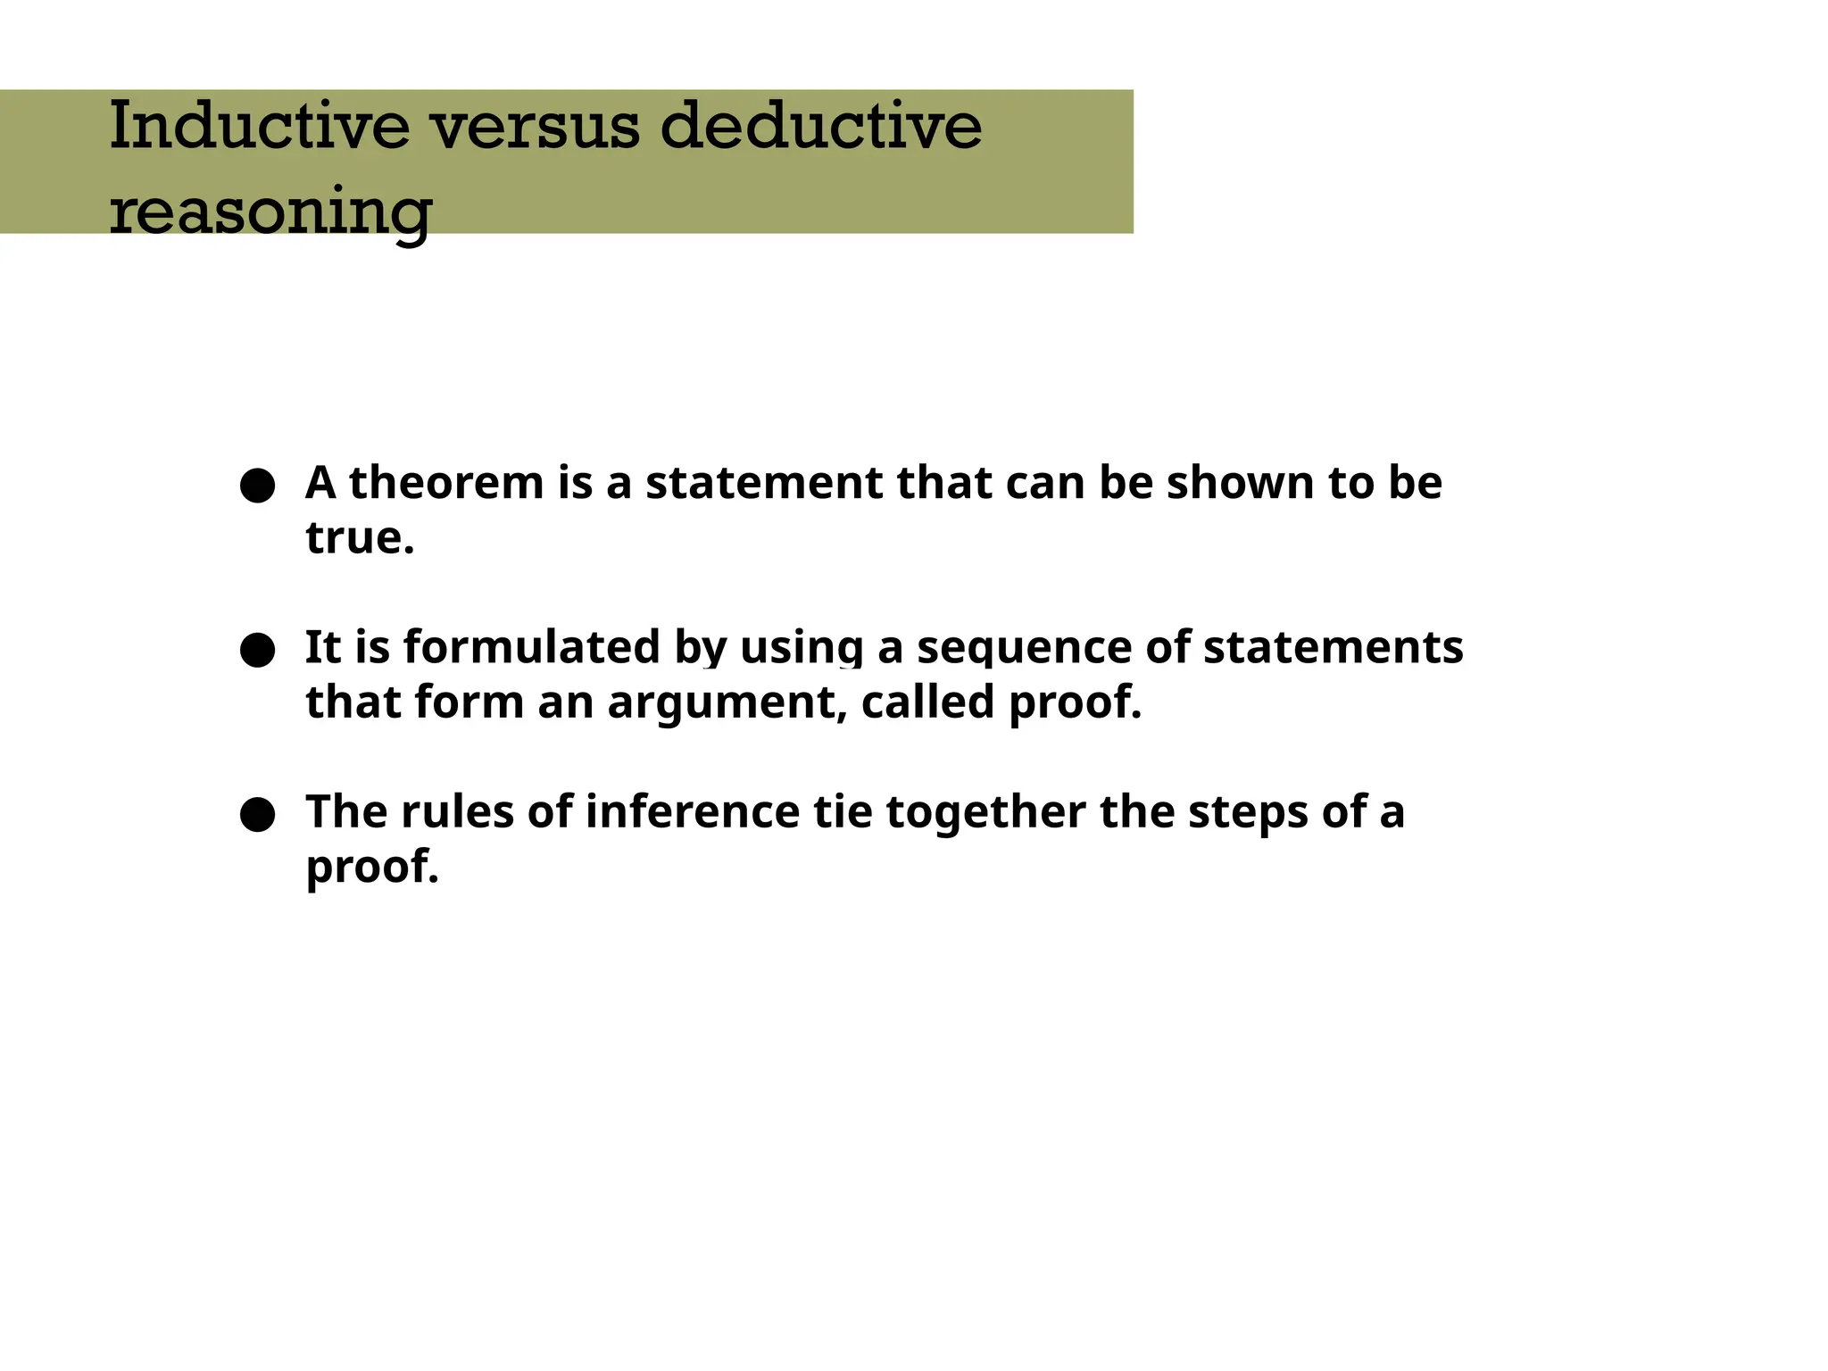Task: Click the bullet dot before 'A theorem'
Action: pyautogui.click(x=257, y=486)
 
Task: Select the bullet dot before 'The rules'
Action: pyautogui.click(x=257, y=815)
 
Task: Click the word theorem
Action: pyautogui.click(x=446, y=483)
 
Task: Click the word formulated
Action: pyautogui.click(x=531, y=647)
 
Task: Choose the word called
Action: pyautogui.click(x=927, y=702)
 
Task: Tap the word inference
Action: pyautogui.click(x=693, y=812)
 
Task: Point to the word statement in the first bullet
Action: pyautogui.click(x=763, y=483)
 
